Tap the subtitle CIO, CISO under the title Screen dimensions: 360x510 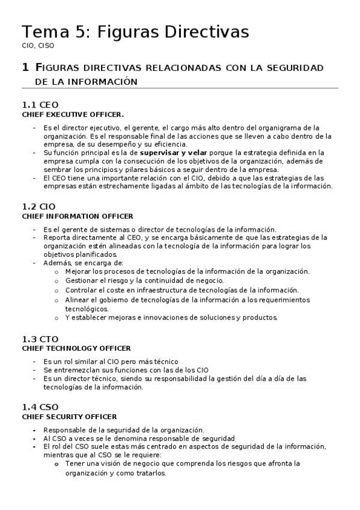tap(37, 46)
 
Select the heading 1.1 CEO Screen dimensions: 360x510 tap(40, 105)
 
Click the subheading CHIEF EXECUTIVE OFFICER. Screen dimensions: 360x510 tap(73, 114)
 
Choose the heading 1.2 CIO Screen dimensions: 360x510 tap(38, 206)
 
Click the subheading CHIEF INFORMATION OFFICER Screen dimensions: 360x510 tap(78, 216)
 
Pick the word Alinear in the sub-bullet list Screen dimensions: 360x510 tap(78, 299)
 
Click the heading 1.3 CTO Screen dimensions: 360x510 tap(40, 339)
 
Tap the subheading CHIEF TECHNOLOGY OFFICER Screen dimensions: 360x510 tap(76, 348)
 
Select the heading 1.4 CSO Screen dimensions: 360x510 tap(40, 407)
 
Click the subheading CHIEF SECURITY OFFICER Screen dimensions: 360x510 tap(69, 417)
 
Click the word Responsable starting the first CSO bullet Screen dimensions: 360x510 tap(66, 430)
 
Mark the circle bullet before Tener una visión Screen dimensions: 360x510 tap(56, 464)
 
